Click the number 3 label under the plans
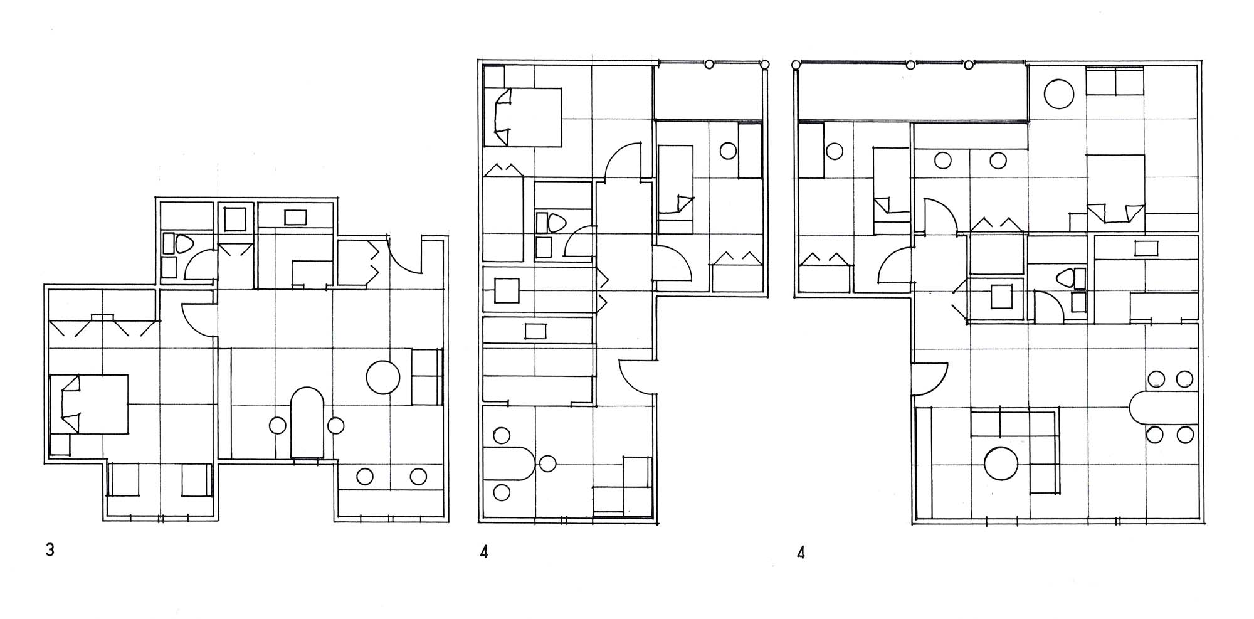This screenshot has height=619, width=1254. [50, 550]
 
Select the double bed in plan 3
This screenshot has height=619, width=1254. [88, 405]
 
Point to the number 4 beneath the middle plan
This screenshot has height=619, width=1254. [483, 552]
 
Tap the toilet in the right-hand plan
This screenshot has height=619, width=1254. [1066, 278]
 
